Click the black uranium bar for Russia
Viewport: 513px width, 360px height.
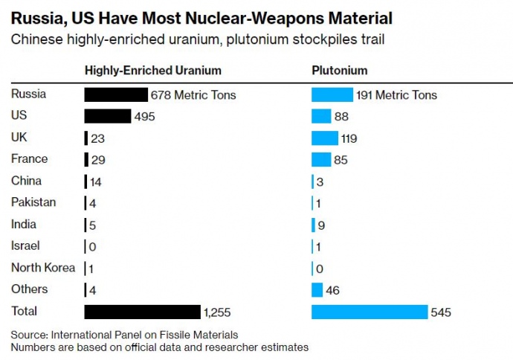coord(116,94)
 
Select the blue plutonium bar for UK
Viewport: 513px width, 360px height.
coord(324,138)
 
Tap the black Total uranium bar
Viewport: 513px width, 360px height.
coord(142,311)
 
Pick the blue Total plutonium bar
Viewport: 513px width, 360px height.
coord(370,312)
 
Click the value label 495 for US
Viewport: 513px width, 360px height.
coord(143,117)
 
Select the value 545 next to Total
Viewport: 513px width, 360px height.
coord(441,312)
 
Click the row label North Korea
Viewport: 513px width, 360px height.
coord(43,268)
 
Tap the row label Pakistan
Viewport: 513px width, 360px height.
coord(33,202)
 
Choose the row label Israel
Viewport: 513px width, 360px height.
coord(26,245)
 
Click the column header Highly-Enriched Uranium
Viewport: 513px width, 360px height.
coord(152,71)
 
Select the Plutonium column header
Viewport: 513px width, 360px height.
coord(339,71)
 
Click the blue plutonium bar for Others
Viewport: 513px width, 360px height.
coord(317,289)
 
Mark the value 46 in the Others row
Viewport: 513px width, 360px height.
coord(332,290)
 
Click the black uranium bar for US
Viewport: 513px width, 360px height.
coord(107,116)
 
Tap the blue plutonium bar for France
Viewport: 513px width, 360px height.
coord(321,159)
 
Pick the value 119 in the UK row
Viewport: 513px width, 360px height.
coord(349,138)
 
